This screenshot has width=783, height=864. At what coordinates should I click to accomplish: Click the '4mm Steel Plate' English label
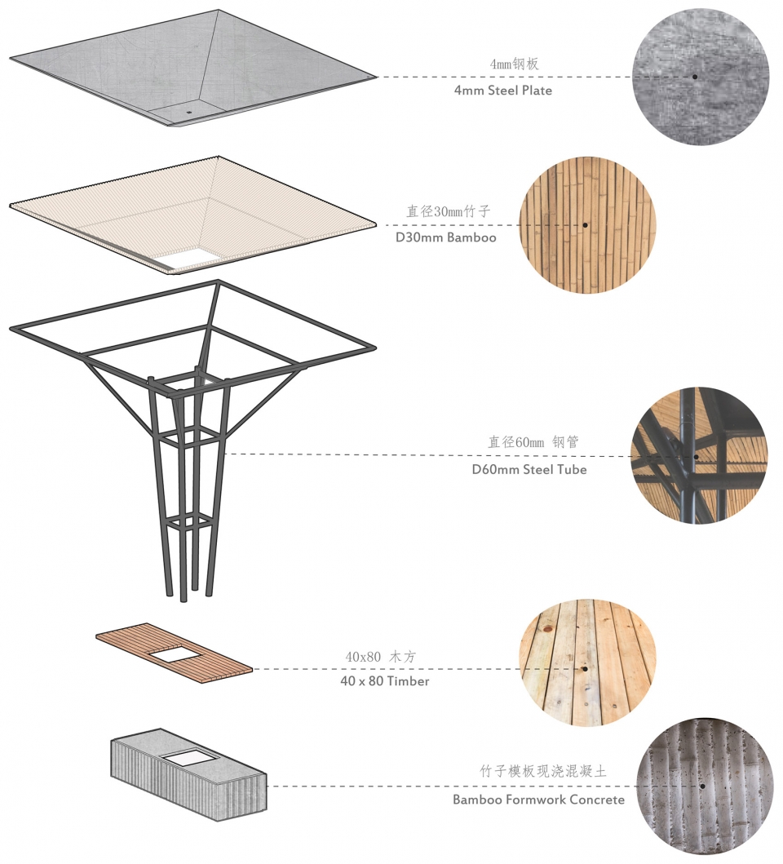(x=502, y=91)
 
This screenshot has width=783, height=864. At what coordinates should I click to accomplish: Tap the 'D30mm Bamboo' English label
(x=446, y=237)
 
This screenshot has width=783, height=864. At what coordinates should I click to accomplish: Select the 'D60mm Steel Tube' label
(x=529, y=469)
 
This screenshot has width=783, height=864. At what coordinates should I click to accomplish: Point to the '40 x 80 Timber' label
(x=385, y=681)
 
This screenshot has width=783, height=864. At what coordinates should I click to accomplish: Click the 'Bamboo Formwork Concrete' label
(x=538, y=800)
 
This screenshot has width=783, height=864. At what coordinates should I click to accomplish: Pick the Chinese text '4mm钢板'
(x=514, y=64)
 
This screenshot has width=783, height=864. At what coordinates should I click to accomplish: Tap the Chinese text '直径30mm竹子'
(x=448, y=211)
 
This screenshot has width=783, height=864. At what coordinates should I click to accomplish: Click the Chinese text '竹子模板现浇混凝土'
(x=542, y=771)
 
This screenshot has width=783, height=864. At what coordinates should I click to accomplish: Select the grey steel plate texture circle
(x=701, y=78)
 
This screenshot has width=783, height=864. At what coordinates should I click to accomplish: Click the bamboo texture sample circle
(x=587, y=225)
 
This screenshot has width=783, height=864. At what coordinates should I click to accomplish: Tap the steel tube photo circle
(x=699, y=456)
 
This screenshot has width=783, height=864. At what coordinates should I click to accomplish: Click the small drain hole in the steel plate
(x=188, y=112)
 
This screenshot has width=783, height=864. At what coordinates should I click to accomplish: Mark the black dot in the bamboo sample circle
(x=585, y=225)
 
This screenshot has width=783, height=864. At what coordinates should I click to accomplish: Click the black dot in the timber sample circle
(x=585, y=669)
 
